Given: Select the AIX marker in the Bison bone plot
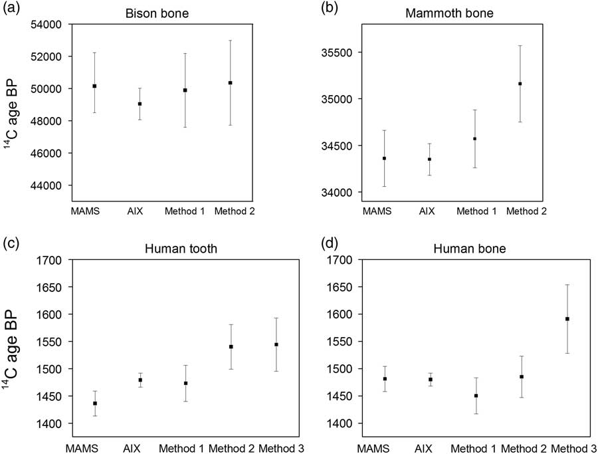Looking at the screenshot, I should [x=140, y=104].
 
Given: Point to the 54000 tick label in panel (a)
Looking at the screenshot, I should [x=47, y=25].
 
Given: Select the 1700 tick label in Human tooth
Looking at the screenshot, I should [x=52, y=260].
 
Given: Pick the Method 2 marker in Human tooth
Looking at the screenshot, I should [x=231, y=346].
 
